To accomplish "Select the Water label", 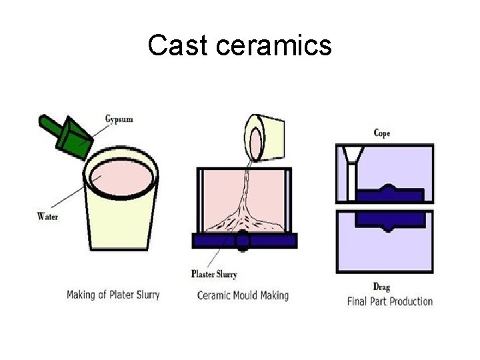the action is (x=47, y=215).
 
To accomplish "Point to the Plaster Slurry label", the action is (x=214, y=273).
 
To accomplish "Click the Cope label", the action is (x=382, y=133).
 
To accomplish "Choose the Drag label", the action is (x=381, y=287).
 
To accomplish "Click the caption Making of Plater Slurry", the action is (x=113, y=295).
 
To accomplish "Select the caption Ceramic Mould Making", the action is (x=243, y=295).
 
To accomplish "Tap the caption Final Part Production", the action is (x=390, y=301).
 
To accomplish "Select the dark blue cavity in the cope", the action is (x=389, y=194).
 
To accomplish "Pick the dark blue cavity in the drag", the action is (x=389, y=218).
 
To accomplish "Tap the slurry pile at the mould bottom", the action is (x=243, y=217).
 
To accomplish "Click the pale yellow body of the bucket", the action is (x=120, y=227).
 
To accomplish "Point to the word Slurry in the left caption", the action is (x=145, y=295).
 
